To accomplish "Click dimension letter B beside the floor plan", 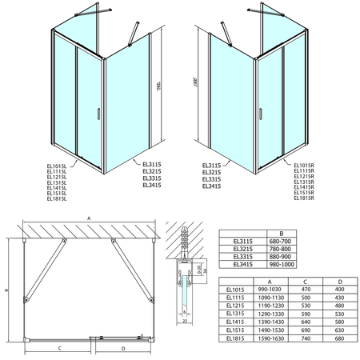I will coord(6,291).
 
